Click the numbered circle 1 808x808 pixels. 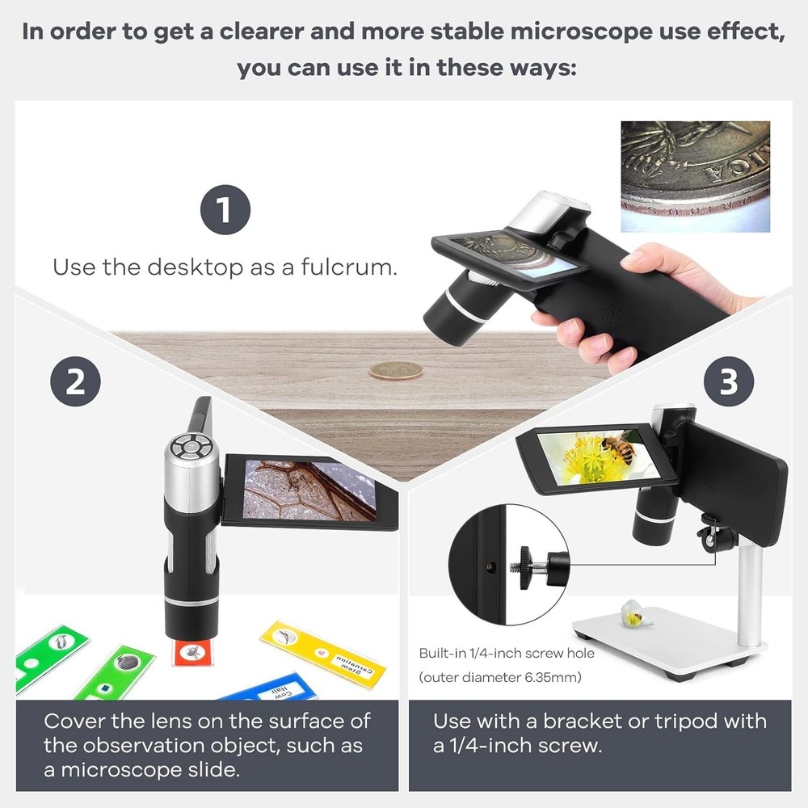pos(225,210)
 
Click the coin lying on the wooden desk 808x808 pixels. pos(396,371)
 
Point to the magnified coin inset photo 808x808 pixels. pos(695,176)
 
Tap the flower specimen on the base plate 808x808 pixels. pos(632,615)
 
